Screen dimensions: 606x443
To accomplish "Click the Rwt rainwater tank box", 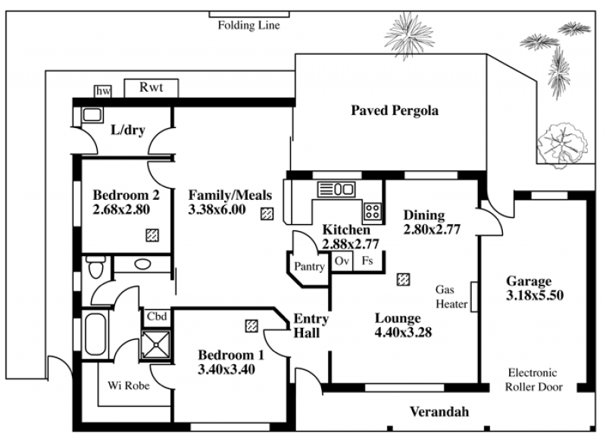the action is [x=151, y=88].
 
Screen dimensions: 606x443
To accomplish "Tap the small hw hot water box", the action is [x=103, y=91].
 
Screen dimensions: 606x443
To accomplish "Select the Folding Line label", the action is [x=249, y=26].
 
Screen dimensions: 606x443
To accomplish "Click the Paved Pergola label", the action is [x=395, y=111].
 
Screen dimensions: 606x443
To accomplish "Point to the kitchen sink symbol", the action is [x=336, y=189].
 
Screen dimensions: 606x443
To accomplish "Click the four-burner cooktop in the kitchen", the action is [x=372, y=211].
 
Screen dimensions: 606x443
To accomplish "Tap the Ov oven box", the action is [x=342, y=261].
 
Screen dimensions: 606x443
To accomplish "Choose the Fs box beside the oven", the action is [x=367, y=261].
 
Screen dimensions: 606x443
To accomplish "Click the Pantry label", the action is [x=309, y=267].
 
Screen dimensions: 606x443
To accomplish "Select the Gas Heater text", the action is [x=451, y=297].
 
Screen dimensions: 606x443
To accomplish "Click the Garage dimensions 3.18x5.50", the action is [x=535, y=295].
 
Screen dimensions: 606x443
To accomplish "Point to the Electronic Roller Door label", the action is [x=533, y=379].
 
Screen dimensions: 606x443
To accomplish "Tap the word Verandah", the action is [x=439, y=412].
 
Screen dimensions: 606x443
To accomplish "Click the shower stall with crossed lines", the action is [x=156, y=344].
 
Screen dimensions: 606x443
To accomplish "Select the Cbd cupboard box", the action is [x=157, y=317].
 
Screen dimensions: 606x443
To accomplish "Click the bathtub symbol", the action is [x=95, y=334].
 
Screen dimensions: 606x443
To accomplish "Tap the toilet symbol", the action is [x=95, y=267].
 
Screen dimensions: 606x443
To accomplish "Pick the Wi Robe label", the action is [x=129, y=385].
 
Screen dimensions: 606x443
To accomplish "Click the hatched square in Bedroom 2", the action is [x=152, y=236].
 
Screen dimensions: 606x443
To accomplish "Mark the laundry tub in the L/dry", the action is [x=92, y=114].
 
